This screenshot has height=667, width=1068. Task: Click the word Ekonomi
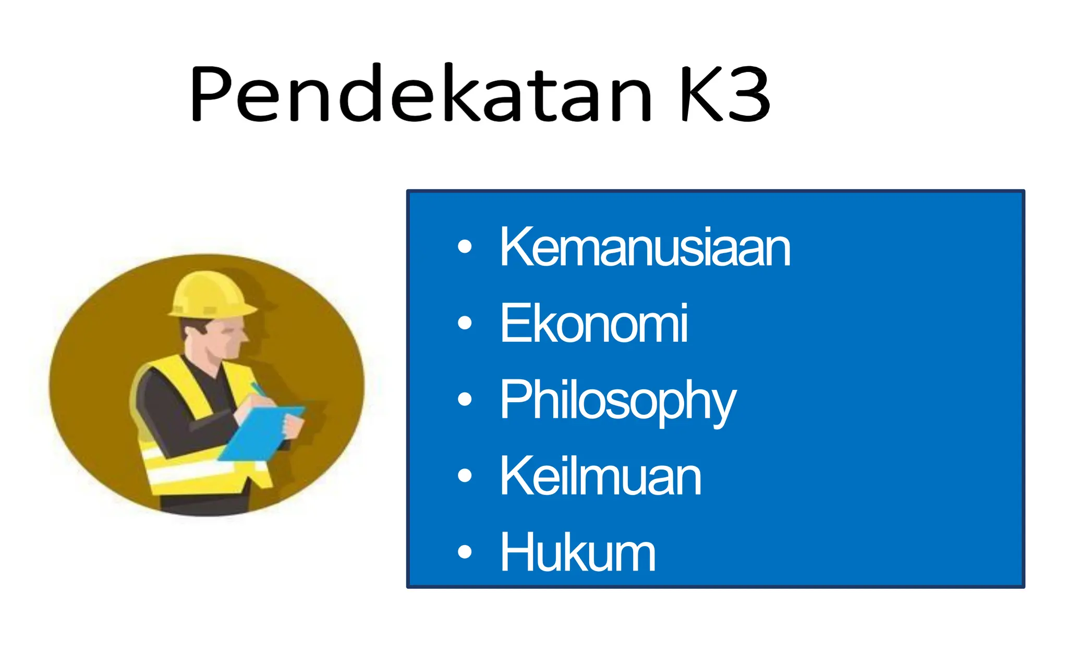click(x=593, y=324)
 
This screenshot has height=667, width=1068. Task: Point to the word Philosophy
click(x=617, y=400)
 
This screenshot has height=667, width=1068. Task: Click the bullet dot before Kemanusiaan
click(x=464, y=246)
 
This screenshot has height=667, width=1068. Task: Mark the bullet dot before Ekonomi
click(x=464, y=323)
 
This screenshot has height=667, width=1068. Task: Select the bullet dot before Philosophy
click(x=464, y=399)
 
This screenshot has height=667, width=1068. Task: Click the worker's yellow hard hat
click(x=211, y=294)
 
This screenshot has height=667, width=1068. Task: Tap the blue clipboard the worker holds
click(x=261, y=433)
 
